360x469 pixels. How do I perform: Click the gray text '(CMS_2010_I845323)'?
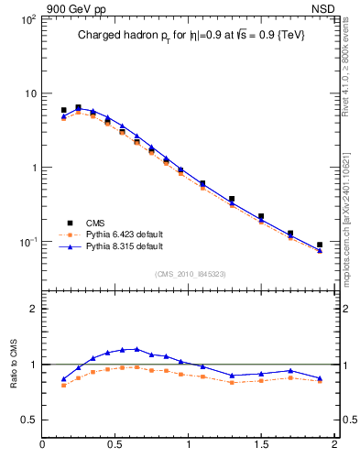pos(190,274)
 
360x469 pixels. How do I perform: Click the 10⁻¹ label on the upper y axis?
pos(26,242)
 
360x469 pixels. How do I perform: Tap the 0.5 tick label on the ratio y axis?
pos(27,420)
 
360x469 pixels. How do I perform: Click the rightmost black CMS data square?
pos(320,245)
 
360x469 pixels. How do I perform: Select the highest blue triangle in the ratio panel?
pos(136,349)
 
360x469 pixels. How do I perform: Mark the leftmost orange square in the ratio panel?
pos(63,386)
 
